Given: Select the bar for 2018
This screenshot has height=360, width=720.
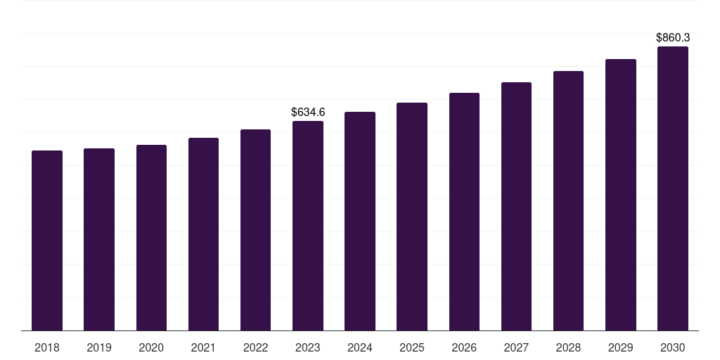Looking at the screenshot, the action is point(47,240).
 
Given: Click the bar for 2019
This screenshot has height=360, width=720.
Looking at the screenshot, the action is point(99,240).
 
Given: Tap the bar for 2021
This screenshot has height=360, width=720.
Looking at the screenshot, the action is point(203,234).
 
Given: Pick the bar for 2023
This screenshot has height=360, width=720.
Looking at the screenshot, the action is point(308,226).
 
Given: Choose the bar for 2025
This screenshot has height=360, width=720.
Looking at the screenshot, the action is point(412,217).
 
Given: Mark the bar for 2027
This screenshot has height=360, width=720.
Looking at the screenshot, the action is point(516,207).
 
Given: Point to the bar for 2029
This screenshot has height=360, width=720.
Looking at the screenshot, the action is point(621,195).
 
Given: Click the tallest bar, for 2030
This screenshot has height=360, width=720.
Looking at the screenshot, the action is point(673,188).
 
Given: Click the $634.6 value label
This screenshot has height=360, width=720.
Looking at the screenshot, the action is point(308,112).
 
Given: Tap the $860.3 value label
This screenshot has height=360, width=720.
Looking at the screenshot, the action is point(673,38).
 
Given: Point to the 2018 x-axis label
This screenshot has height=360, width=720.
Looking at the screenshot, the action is point(47,348).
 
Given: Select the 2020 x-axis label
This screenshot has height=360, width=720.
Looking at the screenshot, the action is point(151,348).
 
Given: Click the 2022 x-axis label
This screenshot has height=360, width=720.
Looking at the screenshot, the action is point(255,348).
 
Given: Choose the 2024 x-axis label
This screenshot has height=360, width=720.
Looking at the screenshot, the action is point(359,348).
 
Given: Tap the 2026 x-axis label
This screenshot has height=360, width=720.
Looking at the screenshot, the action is point(464,348).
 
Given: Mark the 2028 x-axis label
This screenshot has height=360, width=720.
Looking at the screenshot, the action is point(568,348).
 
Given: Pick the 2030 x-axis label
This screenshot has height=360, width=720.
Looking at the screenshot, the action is point(673,348).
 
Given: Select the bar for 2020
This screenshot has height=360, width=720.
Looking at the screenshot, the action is point(152,238).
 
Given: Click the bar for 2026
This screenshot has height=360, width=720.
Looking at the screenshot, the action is point(464,212).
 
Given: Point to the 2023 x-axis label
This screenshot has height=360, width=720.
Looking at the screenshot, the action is point(308,348).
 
